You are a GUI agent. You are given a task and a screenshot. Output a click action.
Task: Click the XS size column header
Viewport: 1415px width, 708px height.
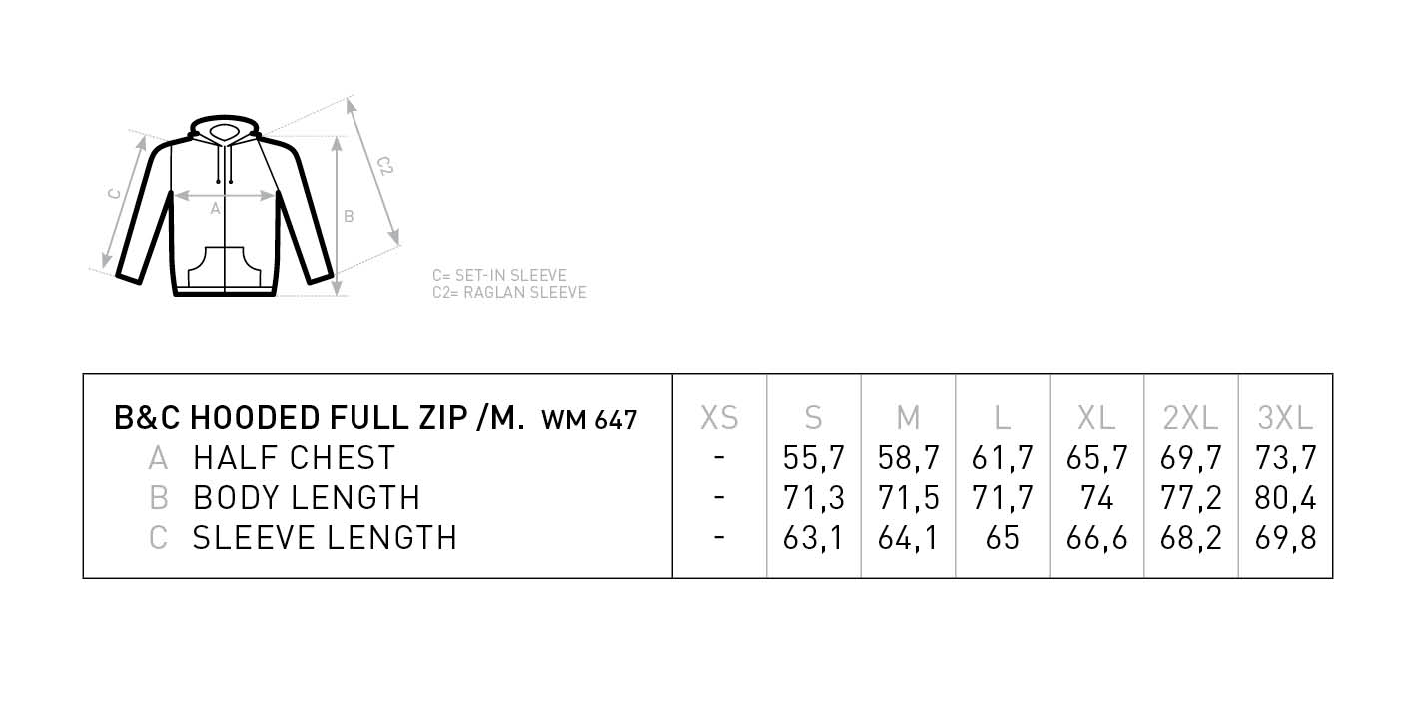[x=719, y=418]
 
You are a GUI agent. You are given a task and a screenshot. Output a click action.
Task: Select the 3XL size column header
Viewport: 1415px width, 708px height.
[x=1285, y=418]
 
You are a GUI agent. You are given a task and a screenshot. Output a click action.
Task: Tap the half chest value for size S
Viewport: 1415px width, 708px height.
[x=814, y=458]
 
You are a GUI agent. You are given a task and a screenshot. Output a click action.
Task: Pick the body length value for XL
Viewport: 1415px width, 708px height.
[x=1096, y=498]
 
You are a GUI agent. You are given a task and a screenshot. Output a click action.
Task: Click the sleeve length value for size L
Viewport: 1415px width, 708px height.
[x=1003, y=538]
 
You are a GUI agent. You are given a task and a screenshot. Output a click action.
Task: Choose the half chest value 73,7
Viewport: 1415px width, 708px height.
[x=1285, y=458]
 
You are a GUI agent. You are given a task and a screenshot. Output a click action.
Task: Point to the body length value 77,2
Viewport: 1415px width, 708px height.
[x=1191, y=498]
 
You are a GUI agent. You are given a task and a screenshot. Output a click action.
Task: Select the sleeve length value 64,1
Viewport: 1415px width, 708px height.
[x=908, y=538]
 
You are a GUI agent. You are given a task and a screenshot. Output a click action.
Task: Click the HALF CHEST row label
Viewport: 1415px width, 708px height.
[x=294, y=458]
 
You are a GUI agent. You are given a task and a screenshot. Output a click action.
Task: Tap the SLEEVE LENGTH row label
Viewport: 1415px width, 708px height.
[x=325, y=538]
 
